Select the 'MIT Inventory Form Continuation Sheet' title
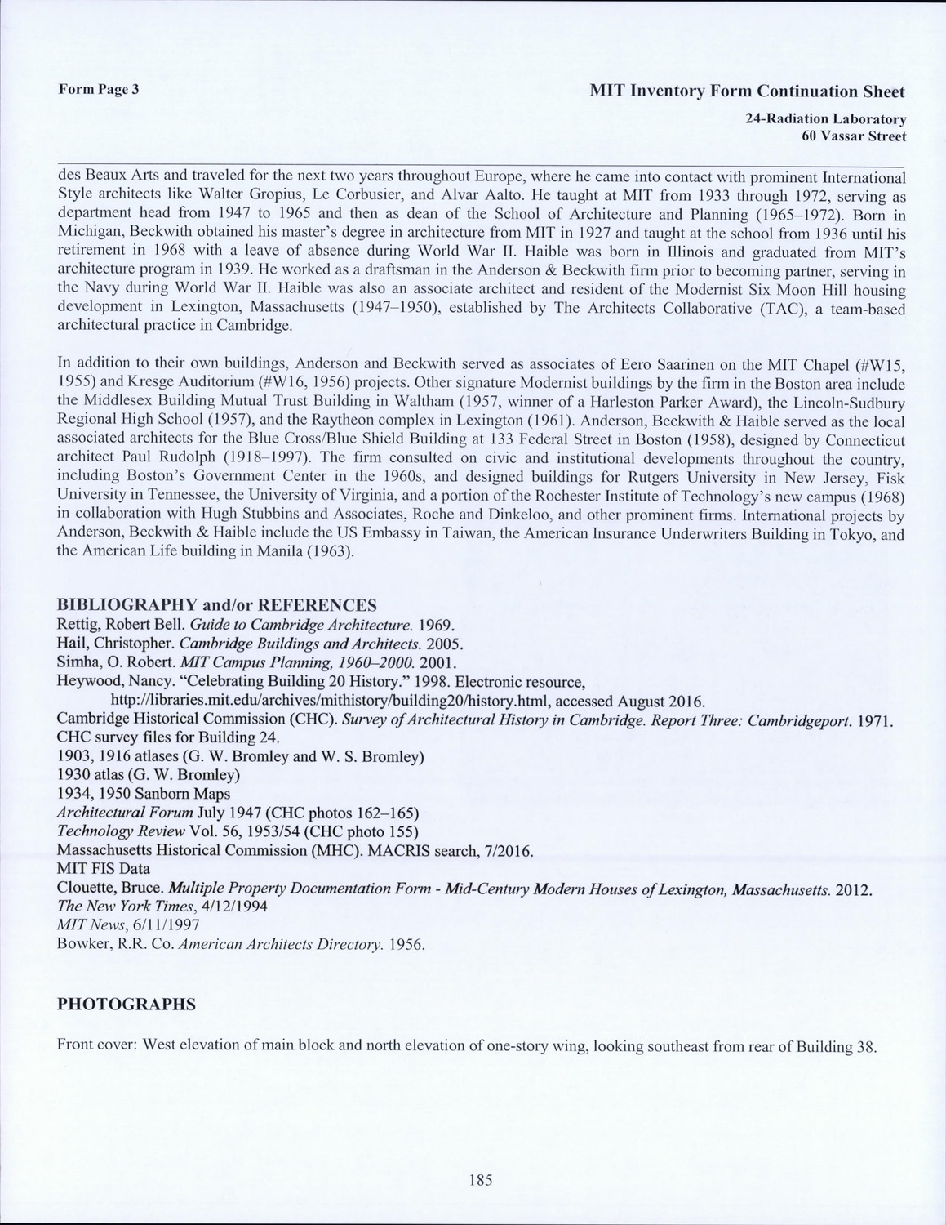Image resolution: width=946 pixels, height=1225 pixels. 747,91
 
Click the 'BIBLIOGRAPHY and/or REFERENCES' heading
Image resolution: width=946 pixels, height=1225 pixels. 217,605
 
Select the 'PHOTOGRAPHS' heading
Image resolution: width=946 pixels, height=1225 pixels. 127,1004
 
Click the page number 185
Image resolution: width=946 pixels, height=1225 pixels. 481,1179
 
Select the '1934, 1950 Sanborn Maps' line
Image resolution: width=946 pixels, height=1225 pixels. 143,794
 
